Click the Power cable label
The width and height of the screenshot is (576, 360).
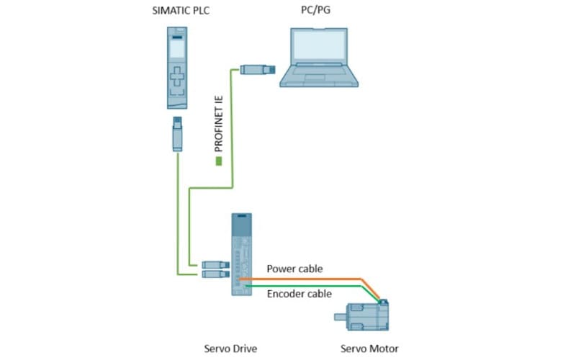[294, 269]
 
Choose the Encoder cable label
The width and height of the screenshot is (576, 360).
[299, 294]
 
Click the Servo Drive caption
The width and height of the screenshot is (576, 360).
[230, 348]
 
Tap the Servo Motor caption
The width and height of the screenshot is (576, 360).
[369, 348]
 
